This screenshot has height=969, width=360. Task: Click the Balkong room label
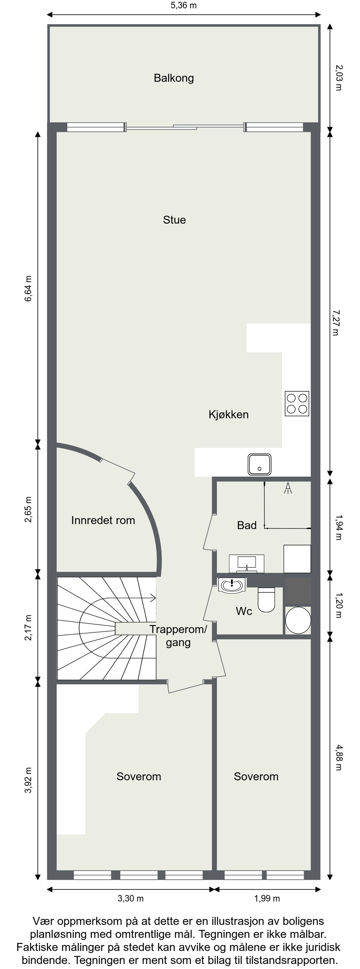174,78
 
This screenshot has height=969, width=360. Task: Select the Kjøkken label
228,414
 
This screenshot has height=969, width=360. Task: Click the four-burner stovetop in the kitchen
297,404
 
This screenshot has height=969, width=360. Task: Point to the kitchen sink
259,464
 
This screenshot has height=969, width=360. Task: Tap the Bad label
247,525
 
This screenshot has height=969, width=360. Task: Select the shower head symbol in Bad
288,488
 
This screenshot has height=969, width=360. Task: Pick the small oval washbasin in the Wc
232,585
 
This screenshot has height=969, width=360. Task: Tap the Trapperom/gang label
178,636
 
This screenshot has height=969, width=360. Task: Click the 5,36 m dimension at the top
184,5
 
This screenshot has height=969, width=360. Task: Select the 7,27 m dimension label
335,323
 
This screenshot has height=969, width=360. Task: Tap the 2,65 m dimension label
28,509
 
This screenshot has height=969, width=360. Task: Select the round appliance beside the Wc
298,620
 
